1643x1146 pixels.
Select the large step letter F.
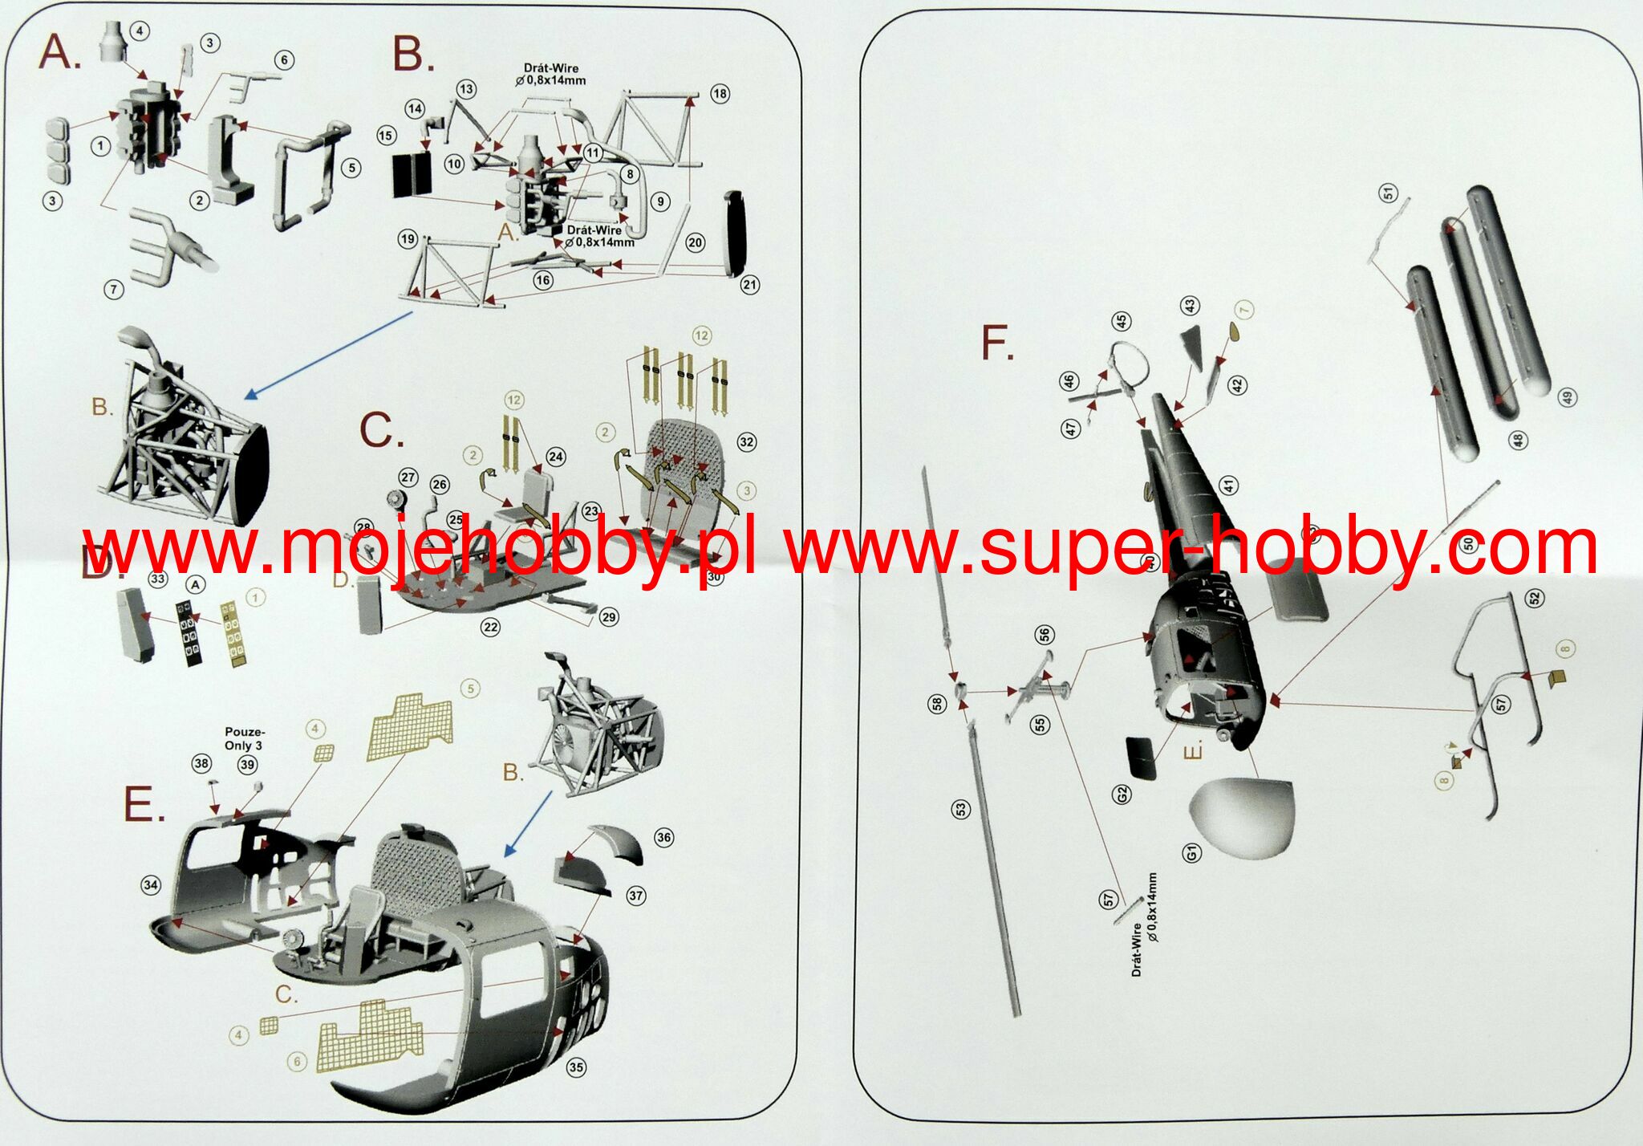click(x=997, y=343)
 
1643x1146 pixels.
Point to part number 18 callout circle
click(x=720, y=94)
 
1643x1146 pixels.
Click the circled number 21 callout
click(x=749, y=285)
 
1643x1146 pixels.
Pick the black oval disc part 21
click(x=736, y=234)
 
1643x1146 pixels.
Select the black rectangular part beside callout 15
click(x=412, y=176)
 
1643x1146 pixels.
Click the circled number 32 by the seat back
click(x=747, y=442)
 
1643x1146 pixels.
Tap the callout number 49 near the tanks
click(x=1567, y=396)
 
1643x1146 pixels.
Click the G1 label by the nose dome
click(x=1192, y=852)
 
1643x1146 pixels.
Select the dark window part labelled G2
click(x=1141, y=757)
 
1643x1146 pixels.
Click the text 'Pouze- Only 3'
click(x=244, y=738)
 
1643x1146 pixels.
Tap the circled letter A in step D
click(x=195, y=585)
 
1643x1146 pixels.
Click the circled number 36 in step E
click(x=663, y=838)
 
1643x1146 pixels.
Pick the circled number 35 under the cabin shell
click(x=576, y=1067)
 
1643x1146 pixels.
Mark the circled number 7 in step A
click(x=114, y=290)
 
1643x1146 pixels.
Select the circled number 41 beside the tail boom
click(x=1228, y=486)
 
